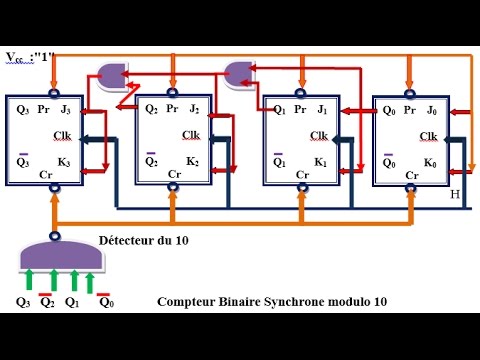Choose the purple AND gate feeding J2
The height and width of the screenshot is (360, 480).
click(x=239, y=71)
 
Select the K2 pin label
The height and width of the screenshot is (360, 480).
click(x=192, y=160)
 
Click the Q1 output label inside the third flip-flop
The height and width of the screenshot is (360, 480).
click(x=280, y=109)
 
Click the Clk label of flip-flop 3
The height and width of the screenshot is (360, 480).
click(x=62, y=136)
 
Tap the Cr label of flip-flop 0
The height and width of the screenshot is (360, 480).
click(x=410, y=175)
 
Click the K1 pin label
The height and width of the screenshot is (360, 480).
click(x=321, y=161)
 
